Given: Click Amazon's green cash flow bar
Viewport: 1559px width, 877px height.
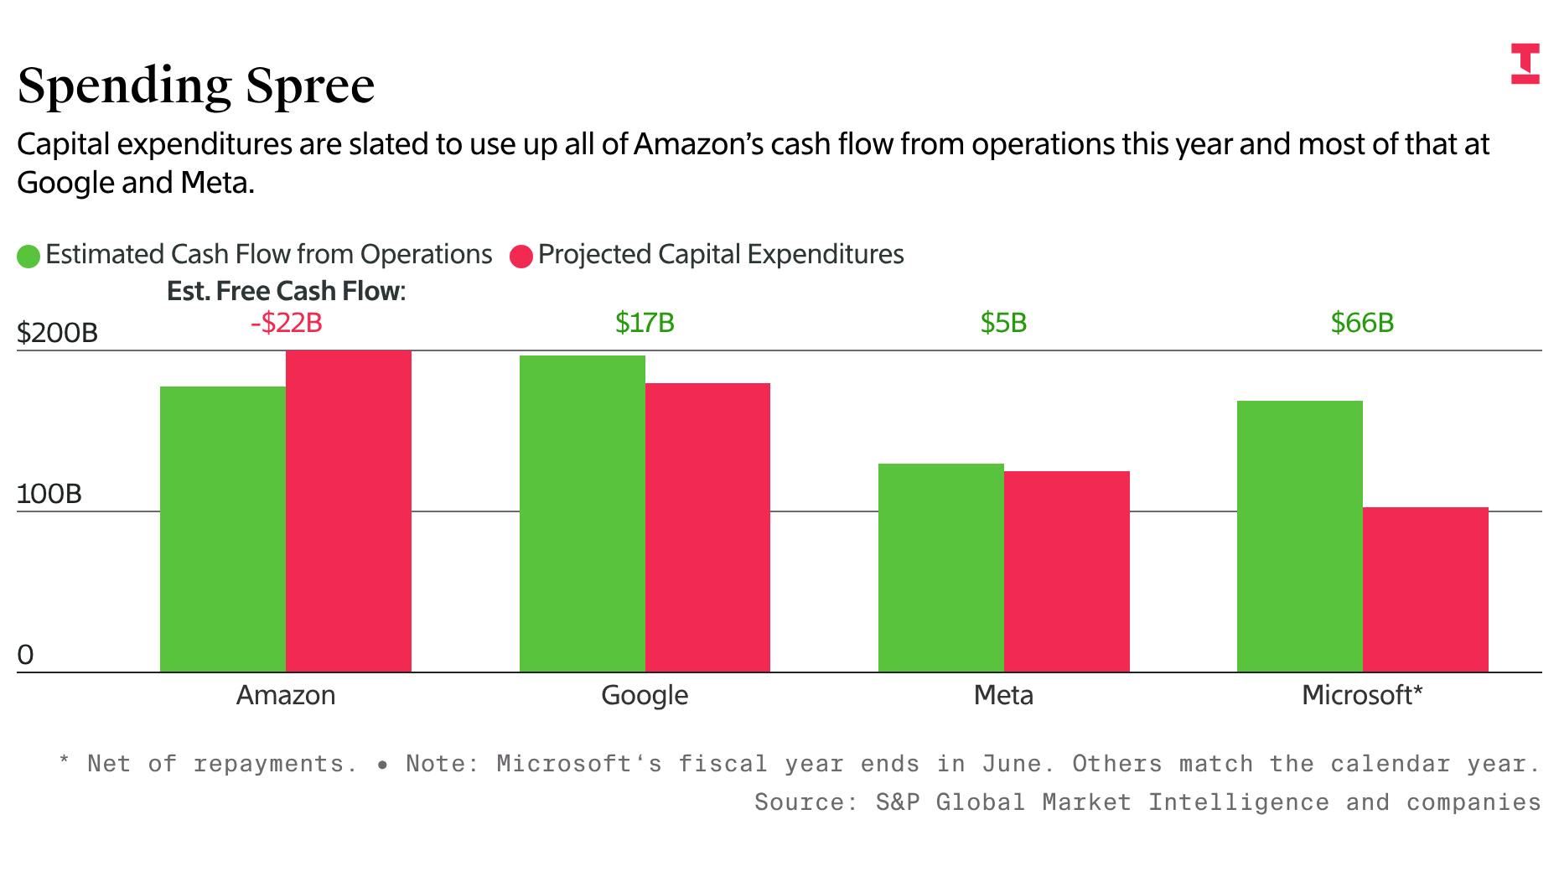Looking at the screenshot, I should (x=223, y=528).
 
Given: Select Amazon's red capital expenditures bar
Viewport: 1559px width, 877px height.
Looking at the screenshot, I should (x=349, y=511).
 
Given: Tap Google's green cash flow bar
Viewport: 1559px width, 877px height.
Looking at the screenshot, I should (x=582, y=513).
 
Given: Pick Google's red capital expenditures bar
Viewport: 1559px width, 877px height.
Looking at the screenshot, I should (x=707, y=527).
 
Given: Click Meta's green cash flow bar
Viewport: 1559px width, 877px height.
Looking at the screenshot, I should (x=940, y=568).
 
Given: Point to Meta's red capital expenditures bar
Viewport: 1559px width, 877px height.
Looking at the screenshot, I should (x=1066, y=571).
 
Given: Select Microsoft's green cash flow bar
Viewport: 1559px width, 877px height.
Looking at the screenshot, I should (x=1299, y=536).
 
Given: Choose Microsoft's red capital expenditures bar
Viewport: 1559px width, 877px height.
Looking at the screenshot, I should (x=1425, y=589).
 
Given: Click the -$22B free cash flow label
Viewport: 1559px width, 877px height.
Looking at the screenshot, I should (x=286, y=323).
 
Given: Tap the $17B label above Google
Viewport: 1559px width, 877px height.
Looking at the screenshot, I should (x=645, y=323).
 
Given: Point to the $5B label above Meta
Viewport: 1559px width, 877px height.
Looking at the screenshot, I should (x=1003, y=323).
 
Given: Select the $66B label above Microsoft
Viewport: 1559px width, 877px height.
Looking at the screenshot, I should (x=1362, y=323).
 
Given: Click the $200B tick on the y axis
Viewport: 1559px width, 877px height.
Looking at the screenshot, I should (x=57, y=334).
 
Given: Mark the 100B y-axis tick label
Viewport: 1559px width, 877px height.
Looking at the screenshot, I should (x=49, y=494).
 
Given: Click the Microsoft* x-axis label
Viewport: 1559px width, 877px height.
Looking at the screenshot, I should (x=1362, y=695).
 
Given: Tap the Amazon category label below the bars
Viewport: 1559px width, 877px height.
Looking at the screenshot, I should (x=286, y=695).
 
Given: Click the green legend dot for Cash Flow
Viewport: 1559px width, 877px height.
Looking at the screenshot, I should (x=28, y=256).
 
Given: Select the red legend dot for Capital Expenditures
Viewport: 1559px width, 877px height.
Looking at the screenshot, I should (x=521, y=256).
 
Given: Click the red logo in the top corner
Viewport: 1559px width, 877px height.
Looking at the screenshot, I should (x=1525, y=64).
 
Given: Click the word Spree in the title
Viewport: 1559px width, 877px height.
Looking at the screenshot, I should (x=309, y=86).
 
